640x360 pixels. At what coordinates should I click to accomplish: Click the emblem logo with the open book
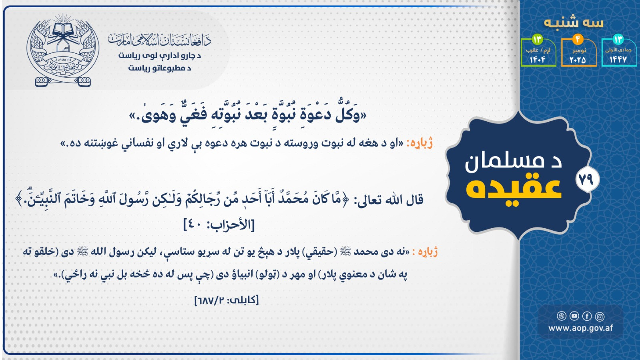pos(63,50)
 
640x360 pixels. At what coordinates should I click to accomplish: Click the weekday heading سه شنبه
pos(574,23)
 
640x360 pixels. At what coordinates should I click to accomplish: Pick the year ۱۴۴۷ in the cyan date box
pos(618,59)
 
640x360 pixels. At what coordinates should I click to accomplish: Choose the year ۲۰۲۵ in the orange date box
pos(578,60)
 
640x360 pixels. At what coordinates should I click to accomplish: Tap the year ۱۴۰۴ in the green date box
pos(538,60)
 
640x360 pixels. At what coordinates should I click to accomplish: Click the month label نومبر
pos(579,50)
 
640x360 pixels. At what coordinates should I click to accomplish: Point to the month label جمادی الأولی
pos(618,50)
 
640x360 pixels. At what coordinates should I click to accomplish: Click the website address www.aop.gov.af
pos(581,328)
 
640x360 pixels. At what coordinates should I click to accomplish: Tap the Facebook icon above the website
pos(587,316)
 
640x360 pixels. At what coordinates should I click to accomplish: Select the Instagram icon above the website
pos(600,316)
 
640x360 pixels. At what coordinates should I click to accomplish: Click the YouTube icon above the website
pos(574,316)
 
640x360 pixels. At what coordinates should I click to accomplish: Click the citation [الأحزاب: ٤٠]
pos(219,225)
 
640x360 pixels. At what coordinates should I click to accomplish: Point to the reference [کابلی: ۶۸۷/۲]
pos(227,300)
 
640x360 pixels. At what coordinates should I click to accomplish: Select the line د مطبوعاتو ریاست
pos(159,68)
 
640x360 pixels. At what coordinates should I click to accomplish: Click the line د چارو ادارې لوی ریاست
pos(160,55)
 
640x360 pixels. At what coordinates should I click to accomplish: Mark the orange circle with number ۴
pos(578,39)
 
